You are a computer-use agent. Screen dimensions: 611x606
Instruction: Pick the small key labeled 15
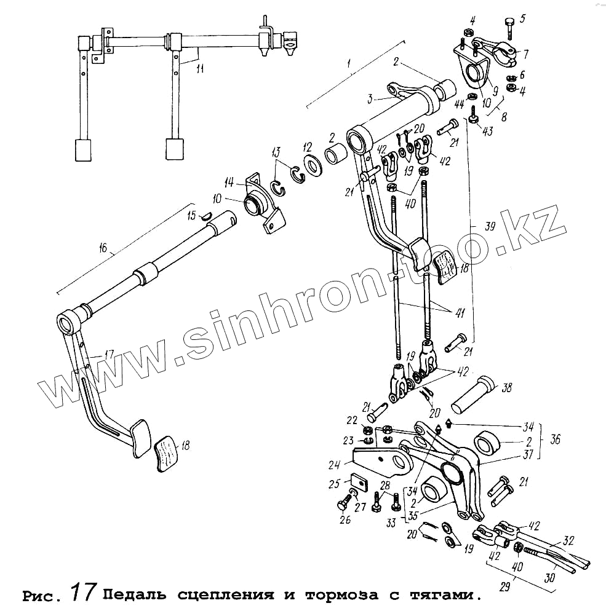pos(208,215)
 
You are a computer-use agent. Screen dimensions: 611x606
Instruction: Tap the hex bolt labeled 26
pos(342,507)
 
